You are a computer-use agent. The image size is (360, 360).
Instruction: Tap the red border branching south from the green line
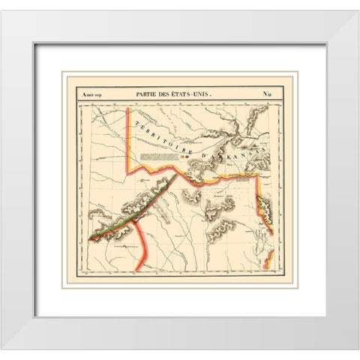coord(143,240)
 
